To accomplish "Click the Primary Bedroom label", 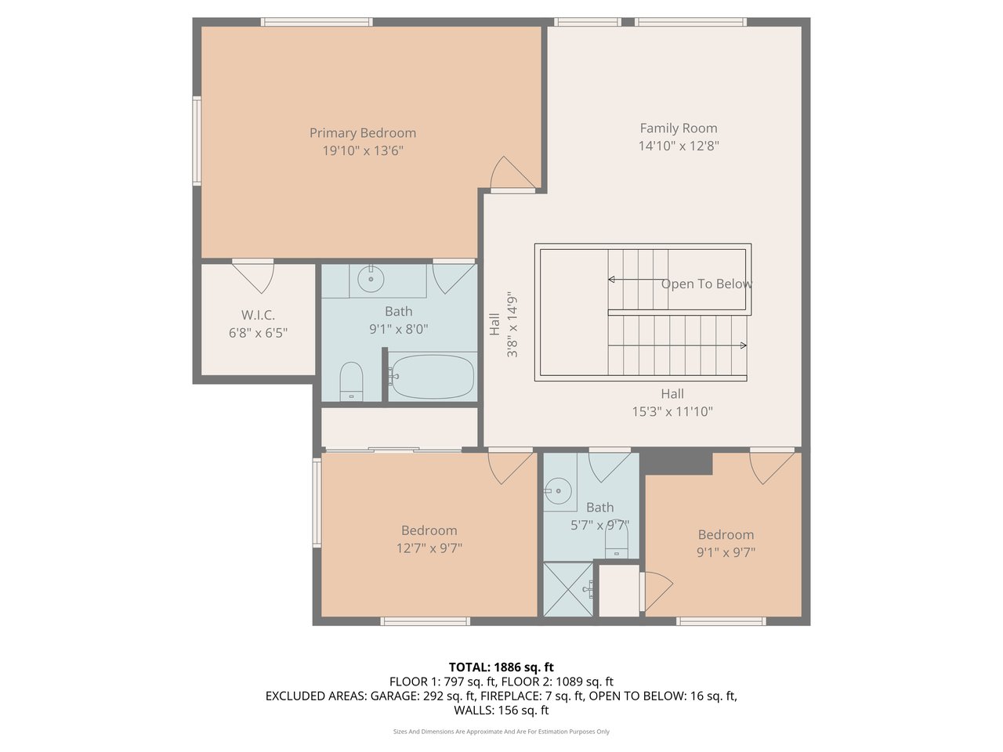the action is tap(362, 133).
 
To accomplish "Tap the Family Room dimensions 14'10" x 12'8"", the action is tap(679, 146).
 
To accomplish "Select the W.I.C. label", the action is tap(258, 315).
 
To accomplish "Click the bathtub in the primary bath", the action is tap(433, 377).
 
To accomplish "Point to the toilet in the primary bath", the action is tap(351, 381).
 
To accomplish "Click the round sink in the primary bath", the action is tap(371, 279).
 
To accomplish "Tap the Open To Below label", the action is tap(707, 284).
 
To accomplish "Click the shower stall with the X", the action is tap(568, 589).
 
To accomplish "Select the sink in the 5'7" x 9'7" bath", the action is tap(558, 491).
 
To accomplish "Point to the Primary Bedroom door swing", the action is tap(512, 173).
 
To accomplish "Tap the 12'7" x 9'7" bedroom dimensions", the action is tap(429, 548).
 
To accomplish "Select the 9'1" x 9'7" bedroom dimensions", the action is tap(726, 552).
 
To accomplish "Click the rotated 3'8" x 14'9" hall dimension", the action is tap(512, 324).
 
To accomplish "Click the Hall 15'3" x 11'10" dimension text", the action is tap(672, 412).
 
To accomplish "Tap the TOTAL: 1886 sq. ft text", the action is tap(501, 667).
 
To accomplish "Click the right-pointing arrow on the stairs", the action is tap(744, 345).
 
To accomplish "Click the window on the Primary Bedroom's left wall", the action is tap(197, 141).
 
